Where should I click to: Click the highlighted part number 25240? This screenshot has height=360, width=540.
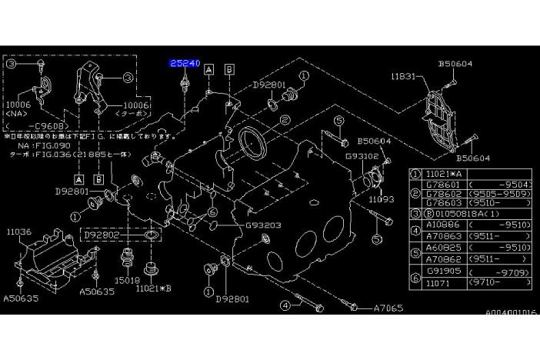click(x=185, y=64)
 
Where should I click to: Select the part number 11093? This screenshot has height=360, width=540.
click(x=381, y=198)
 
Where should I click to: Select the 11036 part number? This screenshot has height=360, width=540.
click(x=20, y=230)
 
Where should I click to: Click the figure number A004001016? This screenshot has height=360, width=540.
click(x=511, y=313)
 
